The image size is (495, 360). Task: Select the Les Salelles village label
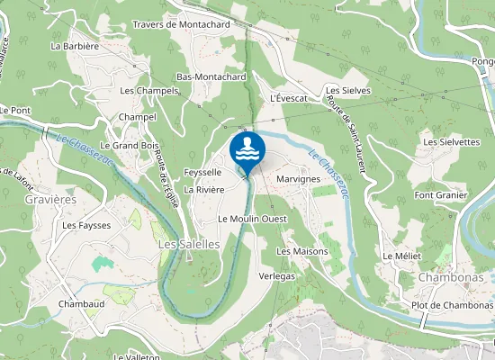click(x=188, y=244)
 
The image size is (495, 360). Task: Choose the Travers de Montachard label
click(x=181, y=24)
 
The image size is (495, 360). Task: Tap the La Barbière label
click(x=75, y=45)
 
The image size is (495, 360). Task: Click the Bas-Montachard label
click(x=211, y=77)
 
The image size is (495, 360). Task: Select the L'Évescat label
click(x=289, y=97)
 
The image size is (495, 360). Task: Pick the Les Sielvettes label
click(x=452, y=142)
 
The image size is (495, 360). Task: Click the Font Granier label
click(x=441, y=195)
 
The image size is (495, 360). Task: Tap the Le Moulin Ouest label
click(x=252, y=219)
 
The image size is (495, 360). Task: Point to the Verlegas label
click(x=276, y=276)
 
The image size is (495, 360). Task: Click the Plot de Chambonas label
click(x=452, y=305)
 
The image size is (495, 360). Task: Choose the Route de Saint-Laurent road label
click(x=350, y=135)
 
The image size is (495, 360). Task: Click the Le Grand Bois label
click(x=130, y=145)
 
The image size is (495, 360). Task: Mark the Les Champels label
click(x=148, y=91)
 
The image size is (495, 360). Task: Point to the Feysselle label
click(x=202, y=172)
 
